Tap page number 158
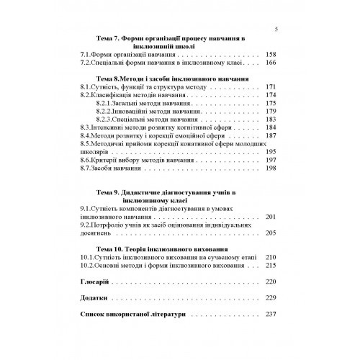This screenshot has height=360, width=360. click(271, 55)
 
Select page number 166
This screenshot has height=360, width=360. click(271, 63)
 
